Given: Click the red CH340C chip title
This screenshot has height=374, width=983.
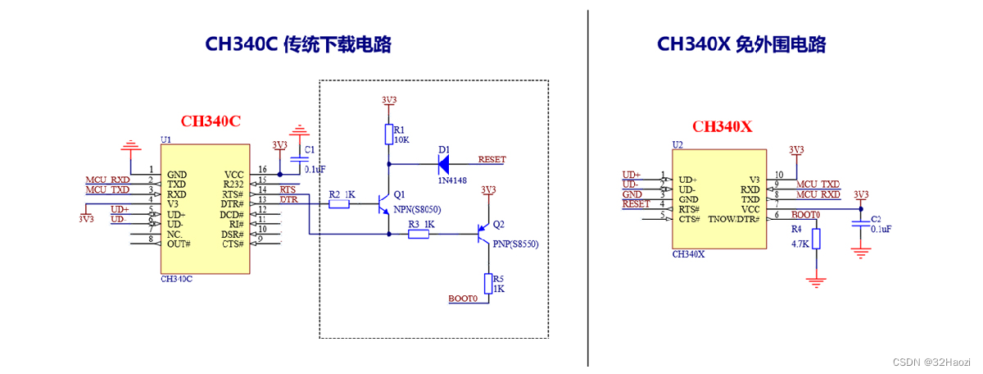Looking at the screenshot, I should tap(211, 121).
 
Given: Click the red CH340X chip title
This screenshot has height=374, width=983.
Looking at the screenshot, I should tap(722, 126).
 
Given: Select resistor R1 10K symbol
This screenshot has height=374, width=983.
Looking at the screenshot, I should tap(388, 135).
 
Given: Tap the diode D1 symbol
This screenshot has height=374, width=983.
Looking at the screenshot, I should tap(446, 163).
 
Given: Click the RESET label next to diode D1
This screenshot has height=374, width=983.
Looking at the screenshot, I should tap(491, 159).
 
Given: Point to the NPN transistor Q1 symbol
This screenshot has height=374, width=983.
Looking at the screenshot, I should tap(385, 203).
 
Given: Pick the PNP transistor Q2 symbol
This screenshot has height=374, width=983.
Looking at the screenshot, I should tap(484, 235).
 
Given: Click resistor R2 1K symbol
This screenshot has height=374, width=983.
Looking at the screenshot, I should tap(339, 203).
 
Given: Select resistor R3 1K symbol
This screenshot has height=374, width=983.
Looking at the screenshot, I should tap(419, 235).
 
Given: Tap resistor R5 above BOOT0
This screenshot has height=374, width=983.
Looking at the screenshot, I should tap(488, 283).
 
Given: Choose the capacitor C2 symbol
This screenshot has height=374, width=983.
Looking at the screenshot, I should tap(859, 224).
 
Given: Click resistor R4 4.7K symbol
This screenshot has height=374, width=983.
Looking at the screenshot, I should tap(815, 239).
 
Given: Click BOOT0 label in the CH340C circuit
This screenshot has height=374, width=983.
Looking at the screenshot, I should tap(463, 299).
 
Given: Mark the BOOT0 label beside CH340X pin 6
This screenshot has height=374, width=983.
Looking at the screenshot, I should tap(805, 214).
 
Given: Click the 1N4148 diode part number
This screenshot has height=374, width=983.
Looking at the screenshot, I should tap(451, 180).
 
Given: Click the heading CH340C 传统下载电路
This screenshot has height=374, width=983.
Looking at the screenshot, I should tap(298, 44).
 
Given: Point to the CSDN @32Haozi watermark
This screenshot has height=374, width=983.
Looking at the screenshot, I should tap(930, 361).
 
